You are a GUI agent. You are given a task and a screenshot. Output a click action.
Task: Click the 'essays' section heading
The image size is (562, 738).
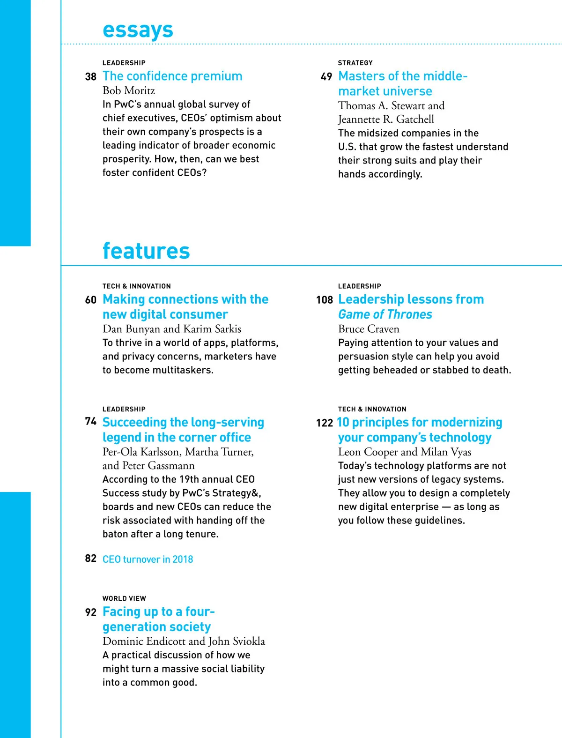[138, 30]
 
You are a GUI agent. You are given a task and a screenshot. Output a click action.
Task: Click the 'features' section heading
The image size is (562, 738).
[146, 251]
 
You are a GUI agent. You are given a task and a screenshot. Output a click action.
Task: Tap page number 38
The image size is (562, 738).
[90, 76]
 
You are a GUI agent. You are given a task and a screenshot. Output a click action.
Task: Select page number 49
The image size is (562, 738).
[326, 76]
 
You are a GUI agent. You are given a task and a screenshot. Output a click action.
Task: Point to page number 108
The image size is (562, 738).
[324, 300]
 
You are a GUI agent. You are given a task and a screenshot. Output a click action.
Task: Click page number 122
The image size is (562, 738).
[324, 423]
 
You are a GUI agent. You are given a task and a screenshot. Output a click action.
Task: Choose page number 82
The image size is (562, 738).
[90, 559]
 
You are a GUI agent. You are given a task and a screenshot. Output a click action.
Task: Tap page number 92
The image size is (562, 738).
[90, 612]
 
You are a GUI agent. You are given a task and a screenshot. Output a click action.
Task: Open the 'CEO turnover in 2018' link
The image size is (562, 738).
[148, 559]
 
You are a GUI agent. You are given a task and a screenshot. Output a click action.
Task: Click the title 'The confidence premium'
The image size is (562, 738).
[172, 76]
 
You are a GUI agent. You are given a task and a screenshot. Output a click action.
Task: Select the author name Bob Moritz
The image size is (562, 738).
[129, 90]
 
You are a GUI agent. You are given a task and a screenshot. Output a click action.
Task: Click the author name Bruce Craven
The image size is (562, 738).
[369, 329]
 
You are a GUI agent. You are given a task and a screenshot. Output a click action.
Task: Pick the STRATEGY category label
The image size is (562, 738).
[355, 63]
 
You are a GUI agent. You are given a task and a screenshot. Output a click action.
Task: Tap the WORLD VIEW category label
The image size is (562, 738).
[124, 598]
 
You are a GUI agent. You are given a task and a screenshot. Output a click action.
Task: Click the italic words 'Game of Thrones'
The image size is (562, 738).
[385, 314]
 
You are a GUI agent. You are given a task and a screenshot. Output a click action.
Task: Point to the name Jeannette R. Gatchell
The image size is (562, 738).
[386, 119]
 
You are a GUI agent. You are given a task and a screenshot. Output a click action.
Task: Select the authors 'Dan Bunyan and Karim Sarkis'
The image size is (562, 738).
[172, 329]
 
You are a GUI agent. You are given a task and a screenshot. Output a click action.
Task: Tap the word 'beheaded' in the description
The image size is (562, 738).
[398, 370]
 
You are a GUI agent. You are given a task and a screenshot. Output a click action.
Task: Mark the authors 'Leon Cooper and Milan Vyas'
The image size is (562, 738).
[405, 452]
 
